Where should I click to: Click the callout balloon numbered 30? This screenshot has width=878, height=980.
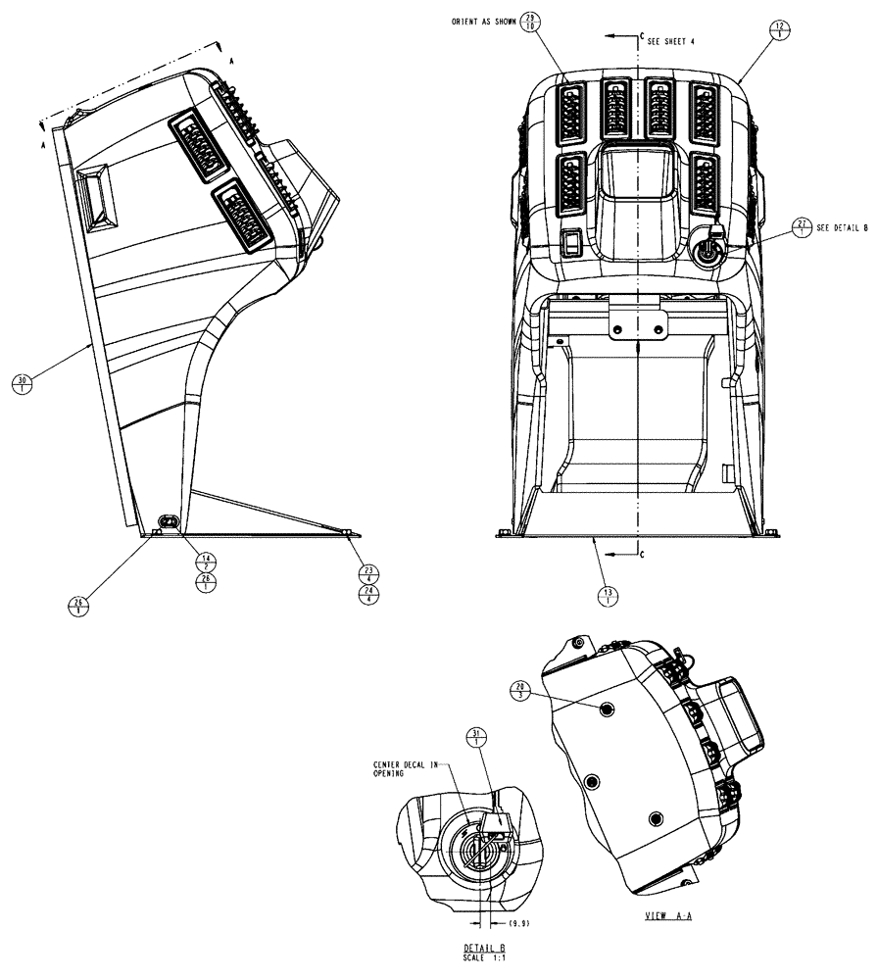(22, 382)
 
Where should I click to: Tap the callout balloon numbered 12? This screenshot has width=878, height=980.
(780, 29)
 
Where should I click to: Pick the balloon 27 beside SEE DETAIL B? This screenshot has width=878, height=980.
(802, 227)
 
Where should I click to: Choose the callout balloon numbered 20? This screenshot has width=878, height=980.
(520, 690)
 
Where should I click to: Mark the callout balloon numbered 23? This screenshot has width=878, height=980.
(367, 572)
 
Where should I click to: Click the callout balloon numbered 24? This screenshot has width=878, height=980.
(367, 594)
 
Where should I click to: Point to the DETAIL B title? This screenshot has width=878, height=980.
(484, 949)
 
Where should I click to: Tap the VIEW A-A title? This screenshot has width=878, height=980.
(663, 915)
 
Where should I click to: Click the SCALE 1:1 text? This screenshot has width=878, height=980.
(484, 957)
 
